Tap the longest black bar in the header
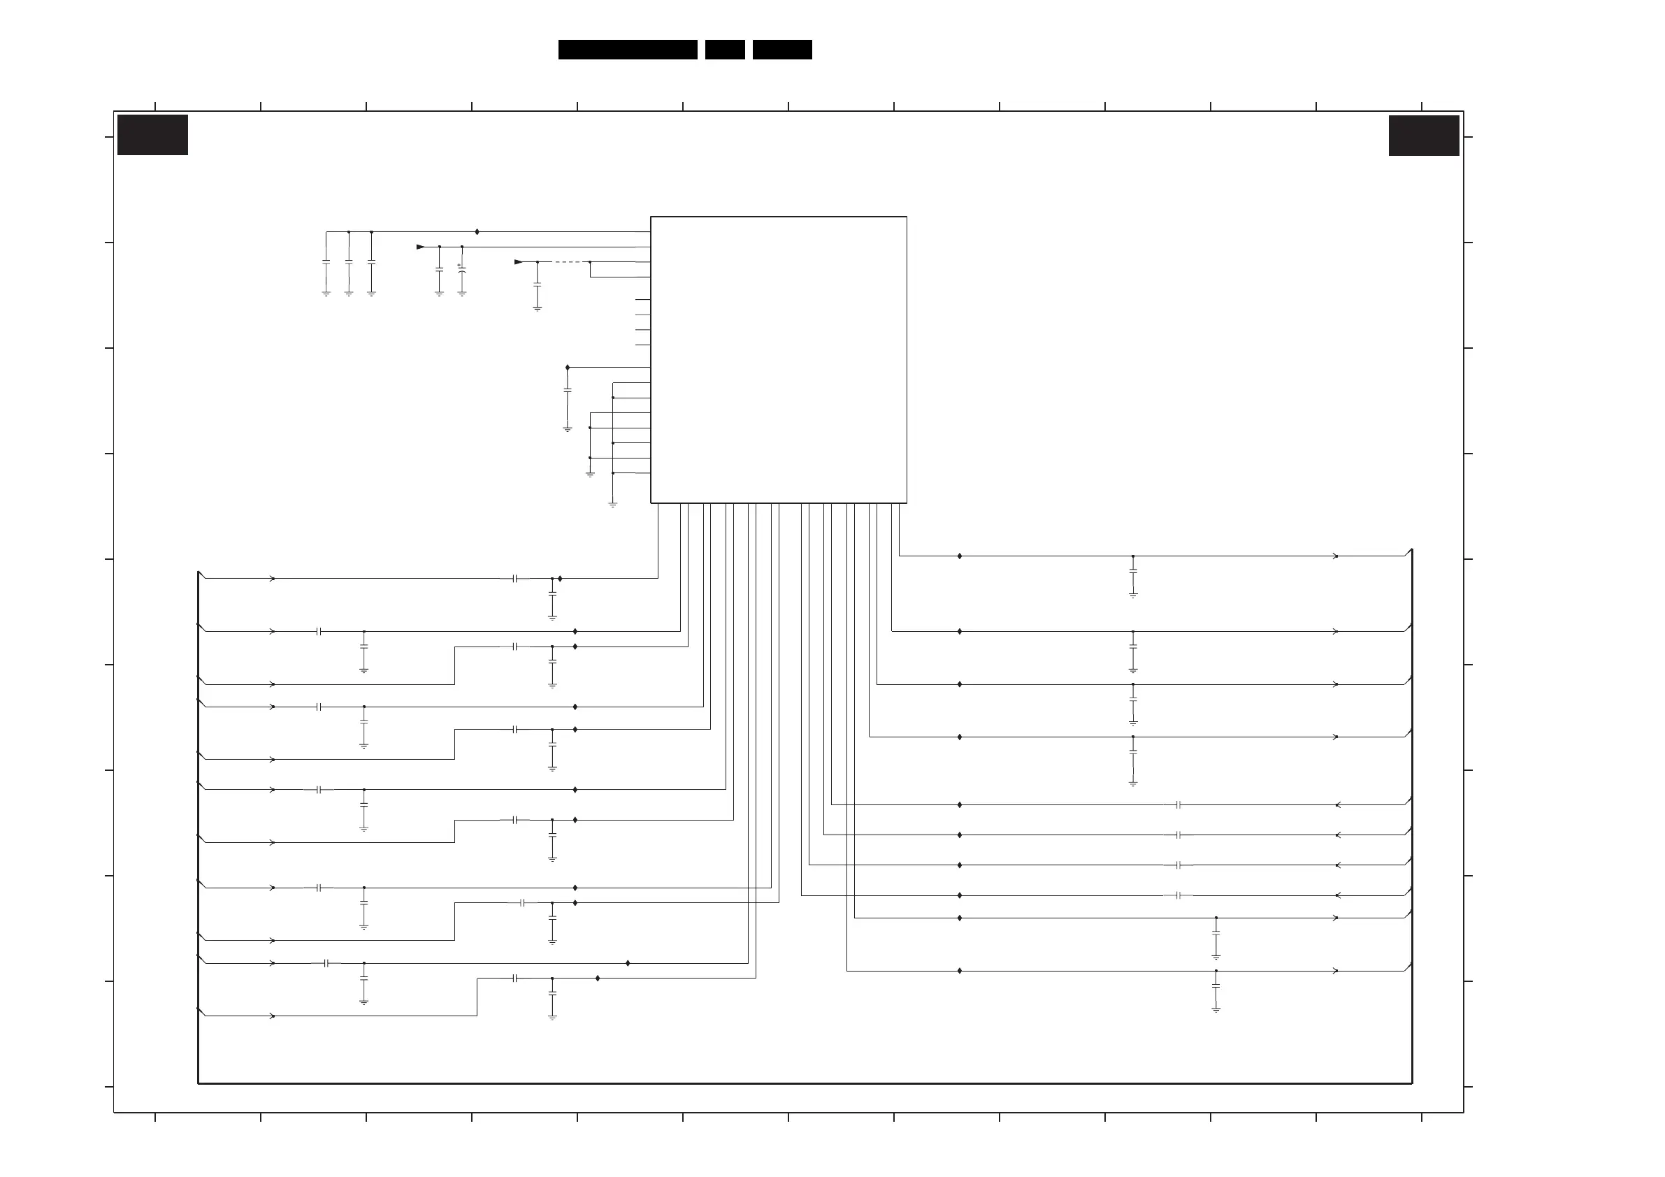(627, 50)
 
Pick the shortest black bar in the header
(724, 50)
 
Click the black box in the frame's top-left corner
(152, 135)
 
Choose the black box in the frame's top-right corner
(1424, 136)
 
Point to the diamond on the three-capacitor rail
(477, 232)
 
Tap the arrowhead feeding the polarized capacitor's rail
(421, 247)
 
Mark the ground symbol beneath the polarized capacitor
(462, 294)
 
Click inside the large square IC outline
(778, 359)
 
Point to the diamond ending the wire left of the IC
(567, 368)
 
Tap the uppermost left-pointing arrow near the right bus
(1337, 805)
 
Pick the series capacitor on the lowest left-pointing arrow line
(1179, 895)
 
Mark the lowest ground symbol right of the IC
(1216, 1009)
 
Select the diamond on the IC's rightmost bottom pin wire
(960, 556)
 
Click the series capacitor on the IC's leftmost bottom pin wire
(515, 579)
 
